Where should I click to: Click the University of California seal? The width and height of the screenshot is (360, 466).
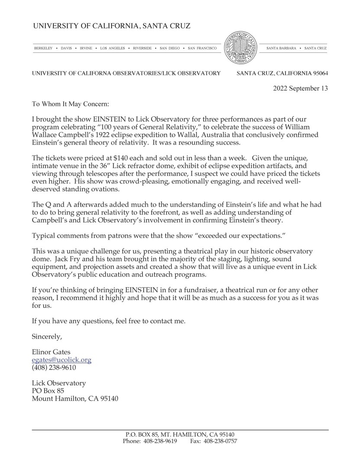(x=241, y=48)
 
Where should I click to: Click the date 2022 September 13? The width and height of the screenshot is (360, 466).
(x=300, y=88)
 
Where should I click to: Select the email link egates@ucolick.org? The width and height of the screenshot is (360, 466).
(x=62, y=360)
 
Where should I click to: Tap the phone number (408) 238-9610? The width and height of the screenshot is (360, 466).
(x=54, y=368)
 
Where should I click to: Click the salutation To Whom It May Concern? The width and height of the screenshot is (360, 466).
(x=71, y=104)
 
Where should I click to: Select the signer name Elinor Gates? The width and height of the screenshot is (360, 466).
(x=51, y=352)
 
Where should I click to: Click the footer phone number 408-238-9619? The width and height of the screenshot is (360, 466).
(x=160, y=441)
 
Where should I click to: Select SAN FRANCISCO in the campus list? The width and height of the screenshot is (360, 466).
(x=202, y=49)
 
